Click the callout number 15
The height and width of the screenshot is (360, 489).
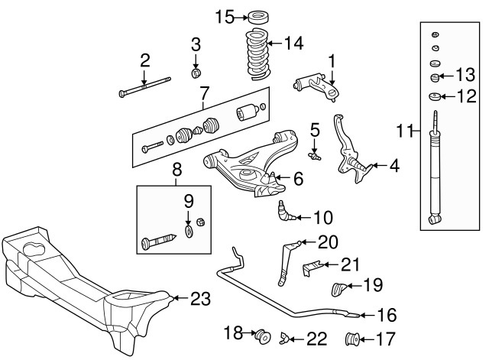point(225,17)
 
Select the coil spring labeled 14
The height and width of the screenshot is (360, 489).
point(257,55)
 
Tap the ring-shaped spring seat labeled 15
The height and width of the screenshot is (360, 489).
point(259,17)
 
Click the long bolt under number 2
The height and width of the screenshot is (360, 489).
point(144,86)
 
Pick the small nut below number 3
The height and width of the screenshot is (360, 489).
point(196,73)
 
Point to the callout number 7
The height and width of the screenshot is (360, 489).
point(204,93)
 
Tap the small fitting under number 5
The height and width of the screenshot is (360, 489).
point(314,156)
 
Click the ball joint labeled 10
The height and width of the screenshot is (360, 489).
point(285,211)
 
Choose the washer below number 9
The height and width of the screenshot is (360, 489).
point(189,232)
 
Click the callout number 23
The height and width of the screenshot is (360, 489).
point(200,299)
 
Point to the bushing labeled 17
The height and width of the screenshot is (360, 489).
point(353,339)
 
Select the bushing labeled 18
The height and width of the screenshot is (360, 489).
point(263,336)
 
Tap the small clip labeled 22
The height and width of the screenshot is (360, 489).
point(285,338)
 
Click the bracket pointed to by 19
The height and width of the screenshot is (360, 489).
point(338,289)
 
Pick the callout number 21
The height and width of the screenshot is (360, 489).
point(350,265)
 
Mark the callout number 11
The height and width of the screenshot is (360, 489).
point(404,131)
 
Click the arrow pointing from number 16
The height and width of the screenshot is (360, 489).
point(367,316)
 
